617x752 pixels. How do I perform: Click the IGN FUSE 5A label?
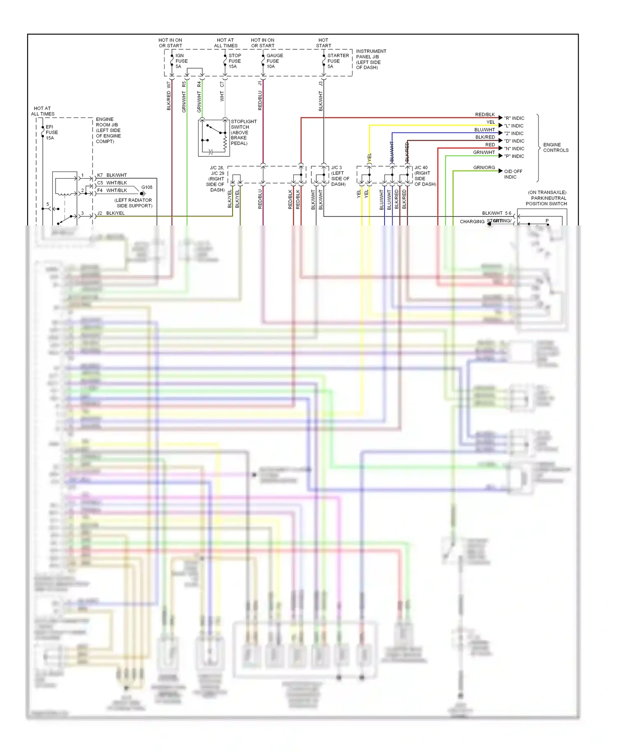click(181, 61)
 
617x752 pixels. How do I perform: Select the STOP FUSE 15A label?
click(234, 61)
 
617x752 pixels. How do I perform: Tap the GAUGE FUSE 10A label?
click(274, 61)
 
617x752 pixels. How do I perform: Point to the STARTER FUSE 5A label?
click(338, 61)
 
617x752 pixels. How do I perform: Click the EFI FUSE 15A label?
click(51, 132)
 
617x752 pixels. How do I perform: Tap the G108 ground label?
click(146, 187)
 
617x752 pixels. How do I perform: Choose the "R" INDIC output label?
click(514, 118)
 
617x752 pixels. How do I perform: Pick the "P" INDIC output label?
click(514, 156)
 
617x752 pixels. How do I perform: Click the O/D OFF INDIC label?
click(513, 174)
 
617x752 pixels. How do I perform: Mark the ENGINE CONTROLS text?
click(555, 147)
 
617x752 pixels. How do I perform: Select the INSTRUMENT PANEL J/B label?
click(371, 59)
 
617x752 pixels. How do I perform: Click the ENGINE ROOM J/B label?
click(108, 130)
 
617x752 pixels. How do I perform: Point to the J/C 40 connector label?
click(425, 176)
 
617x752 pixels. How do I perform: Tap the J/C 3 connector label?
click(340, 176)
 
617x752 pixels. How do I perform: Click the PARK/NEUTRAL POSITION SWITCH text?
click(547, 198)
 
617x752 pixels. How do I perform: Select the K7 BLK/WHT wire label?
click(112, 175)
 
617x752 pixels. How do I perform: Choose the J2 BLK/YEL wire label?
click(111, 213)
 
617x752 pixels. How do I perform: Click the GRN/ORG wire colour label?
click(484, 167)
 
